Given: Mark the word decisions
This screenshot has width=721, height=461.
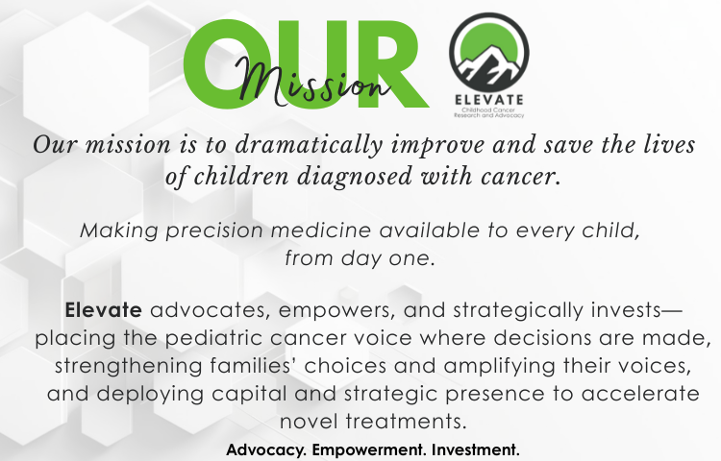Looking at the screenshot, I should click(538, 339).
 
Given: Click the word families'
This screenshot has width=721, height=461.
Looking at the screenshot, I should click(258, 367).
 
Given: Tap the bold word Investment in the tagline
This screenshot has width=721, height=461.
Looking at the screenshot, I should click(476, 449).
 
